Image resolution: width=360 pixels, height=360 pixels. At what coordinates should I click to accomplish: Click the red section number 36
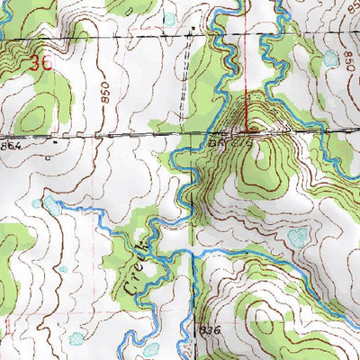38,63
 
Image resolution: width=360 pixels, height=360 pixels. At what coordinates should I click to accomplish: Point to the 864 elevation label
10,143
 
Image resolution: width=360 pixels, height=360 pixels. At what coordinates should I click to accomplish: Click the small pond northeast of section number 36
170,19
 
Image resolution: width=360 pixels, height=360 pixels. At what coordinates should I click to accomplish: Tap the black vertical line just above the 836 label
193,297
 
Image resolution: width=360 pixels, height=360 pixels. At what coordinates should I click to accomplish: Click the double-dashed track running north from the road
190,81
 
